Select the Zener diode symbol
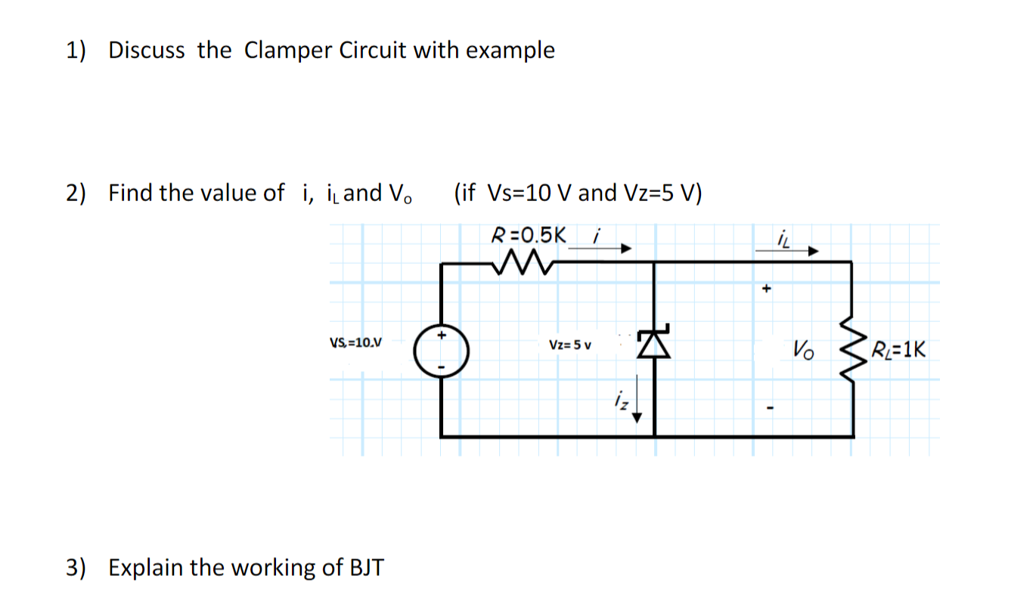click(x=653, y=345)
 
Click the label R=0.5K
click(x=528, y=234)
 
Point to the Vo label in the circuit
click(x=804, y=351)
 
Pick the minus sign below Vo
click(x=768, y=410)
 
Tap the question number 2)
click(x=76, y=193)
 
